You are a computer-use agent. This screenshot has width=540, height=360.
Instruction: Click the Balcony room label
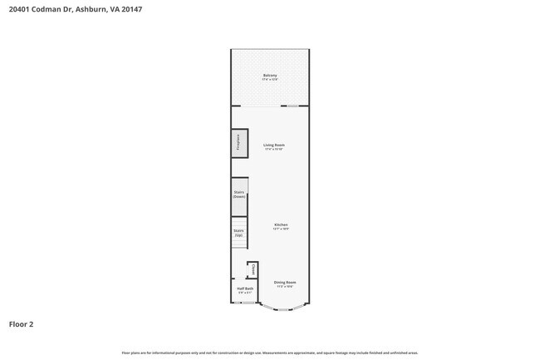point(270,76)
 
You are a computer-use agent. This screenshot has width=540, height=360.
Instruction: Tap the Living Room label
point(274,145)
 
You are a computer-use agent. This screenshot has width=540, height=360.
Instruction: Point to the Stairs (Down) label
point(239,195)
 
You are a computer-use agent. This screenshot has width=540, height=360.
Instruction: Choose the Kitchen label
point(282,224)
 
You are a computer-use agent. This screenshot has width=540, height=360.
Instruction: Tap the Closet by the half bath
point(253,269)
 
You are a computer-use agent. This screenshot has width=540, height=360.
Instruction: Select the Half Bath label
point(245,288)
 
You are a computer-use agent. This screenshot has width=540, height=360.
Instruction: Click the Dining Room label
point(285,283)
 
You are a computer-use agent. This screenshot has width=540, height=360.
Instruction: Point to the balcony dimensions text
point(270,80)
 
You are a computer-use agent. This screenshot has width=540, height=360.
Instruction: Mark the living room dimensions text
point(274,150)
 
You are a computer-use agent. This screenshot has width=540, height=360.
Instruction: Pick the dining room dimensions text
point(285,287)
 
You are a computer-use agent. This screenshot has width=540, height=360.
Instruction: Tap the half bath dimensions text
point(245,293)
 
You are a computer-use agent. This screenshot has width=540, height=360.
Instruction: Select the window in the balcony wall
point(289,106)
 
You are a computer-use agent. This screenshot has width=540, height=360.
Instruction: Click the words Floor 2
point(21,324)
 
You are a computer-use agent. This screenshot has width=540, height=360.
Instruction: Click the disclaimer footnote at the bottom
point(270,353)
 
